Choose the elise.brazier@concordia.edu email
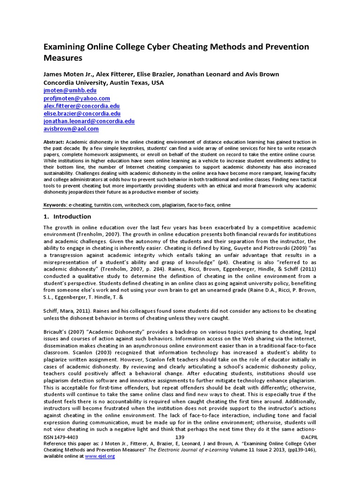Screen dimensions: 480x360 coord(82,113)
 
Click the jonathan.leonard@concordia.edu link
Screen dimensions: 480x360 coord(89,121)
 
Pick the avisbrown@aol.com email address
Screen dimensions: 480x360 coord(71,128)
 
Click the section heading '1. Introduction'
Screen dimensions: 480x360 coord(67,217)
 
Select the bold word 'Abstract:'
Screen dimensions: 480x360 coord(53,142)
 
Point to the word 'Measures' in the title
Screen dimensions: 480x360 coord(63,58)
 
